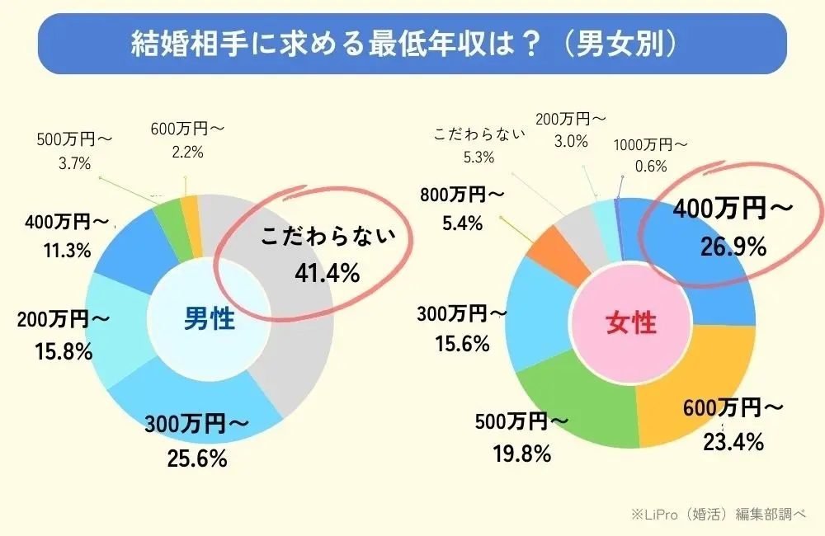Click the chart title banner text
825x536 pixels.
[x=412, y=44]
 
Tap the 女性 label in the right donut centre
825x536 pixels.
[x=632, y=322]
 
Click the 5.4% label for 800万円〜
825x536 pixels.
[x=460, y=223]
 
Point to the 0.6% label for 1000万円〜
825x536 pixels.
[x=652, y=166]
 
